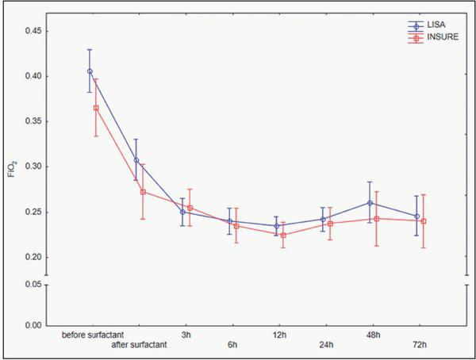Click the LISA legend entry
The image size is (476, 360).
click(x=433, y=26)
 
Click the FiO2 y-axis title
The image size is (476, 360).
click(x=11, y=167)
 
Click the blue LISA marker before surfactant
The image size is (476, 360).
click(x=90, y=71)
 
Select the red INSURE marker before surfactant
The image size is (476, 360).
click(x=96, y=108)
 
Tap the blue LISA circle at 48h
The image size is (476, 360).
click(x=370, y=203)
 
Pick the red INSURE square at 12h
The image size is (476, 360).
click(x=283, y=235)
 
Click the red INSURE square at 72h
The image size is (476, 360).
click(x=424, y=221)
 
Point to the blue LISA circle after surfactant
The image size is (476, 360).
click(x=136, y=160)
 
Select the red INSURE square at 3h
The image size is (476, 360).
click(x=190, y=208)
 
